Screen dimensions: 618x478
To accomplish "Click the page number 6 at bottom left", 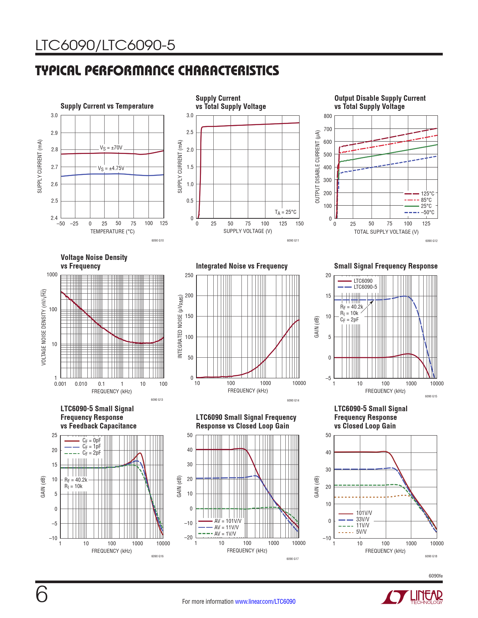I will click(x=42, y=594).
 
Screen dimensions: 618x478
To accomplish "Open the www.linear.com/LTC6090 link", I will click(x=265, y=602).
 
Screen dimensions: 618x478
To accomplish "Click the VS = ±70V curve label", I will click(x=111, y=148).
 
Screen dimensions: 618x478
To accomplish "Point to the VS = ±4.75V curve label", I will click(x=111, y=169).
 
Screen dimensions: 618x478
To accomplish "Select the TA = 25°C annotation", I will click(x=285, y=212).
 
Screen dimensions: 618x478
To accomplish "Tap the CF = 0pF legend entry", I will click(x=91, y=440).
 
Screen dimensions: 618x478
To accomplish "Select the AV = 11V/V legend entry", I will click(x=226, y=527).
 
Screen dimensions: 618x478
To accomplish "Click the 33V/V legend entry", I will click(x=363, y=519).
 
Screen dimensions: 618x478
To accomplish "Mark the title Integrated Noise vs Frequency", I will click(x=242, y=266).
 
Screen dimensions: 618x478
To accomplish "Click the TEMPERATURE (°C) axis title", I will click(x=112, y=231).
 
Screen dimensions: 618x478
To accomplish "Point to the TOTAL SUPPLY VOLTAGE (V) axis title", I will click(x=386, y=232).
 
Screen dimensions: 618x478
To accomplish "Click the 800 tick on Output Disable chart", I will click(x=328, y=116).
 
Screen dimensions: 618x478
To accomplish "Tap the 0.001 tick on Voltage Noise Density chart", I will click(x=60, y=384).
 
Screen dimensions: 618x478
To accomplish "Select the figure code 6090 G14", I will click(x=293, y=400).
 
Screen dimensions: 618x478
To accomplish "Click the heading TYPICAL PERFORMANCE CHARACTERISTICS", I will click(x=157, y=70).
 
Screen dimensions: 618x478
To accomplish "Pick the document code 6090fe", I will click(x=436, y=576).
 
